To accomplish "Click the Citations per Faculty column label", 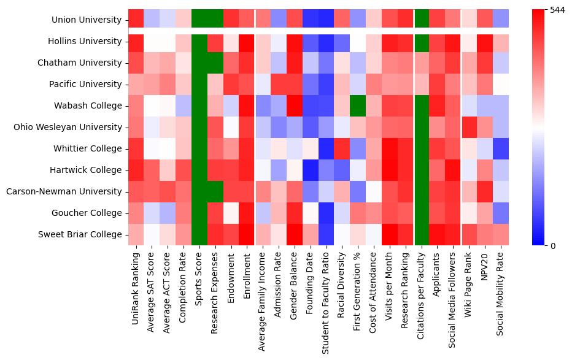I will (421, 291).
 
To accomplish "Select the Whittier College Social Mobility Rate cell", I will (501, 148).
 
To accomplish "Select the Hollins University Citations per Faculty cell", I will (421, 41).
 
